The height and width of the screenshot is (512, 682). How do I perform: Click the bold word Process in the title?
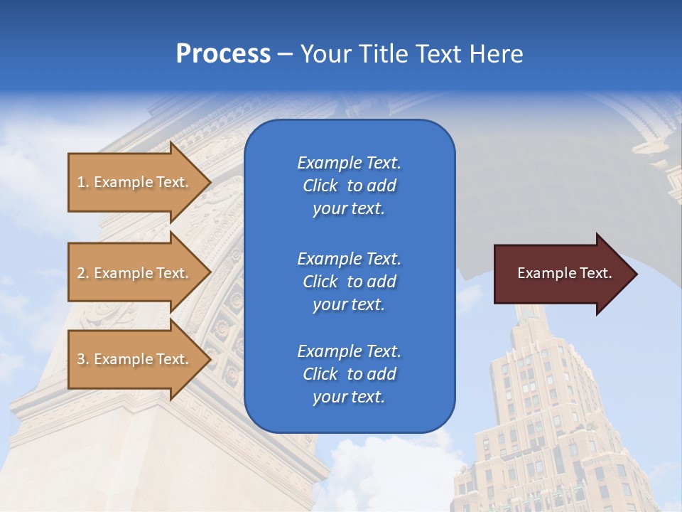[223, 54]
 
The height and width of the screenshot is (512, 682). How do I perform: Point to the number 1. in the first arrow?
[83, 182]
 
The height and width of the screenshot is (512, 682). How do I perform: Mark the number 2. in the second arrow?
[83, 273]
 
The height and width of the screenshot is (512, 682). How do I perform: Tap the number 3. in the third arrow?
[83, 359]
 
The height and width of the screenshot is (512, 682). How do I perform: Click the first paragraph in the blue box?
[349, 186]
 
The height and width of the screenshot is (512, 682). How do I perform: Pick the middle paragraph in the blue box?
[349, 282]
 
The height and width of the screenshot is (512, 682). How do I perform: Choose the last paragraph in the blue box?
[349, 374]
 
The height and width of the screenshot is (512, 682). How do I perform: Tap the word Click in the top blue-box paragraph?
[320, 186]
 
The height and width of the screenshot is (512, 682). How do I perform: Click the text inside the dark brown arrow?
[564, 273]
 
